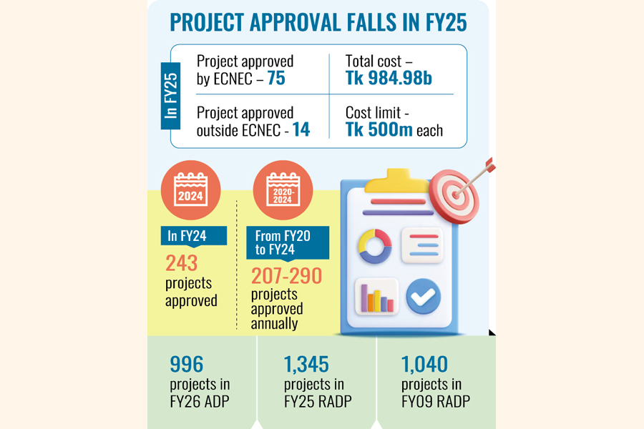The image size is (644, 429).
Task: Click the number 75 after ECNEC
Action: click(x=276, y=79)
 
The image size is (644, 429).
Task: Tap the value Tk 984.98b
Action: click(x=389, y=79)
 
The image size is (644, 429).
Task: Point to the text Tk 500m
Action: click(x=380, y=131)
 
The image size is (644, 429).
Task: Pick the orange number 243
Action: click(x=181, y=262)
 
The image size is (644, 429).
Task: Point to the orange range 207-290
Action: click(x=286, y=276)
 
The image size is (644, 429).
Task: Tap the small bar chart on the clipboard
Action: click(x=376, y=297)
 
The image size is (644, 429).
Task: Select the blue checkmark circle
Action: click(x=423, y=296)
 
